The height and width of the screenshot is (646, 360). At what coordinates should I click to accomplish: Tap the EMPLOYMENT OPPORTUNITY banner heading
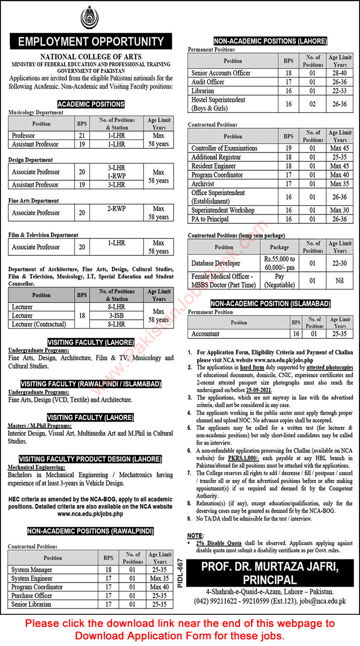[91, 42]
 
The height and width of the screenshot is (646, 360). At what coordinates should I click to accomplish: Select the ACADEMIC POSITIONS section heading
[91, 104]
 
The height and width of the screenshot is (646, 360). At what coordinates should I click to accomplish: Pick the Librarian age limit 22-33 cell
[340, 90]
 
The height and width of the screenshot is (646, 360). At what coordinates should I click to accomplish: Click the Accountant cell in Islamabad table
[206, 334]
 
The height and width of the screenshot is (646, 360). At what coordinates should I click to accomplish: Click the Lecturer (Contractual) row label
[40, 324]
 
